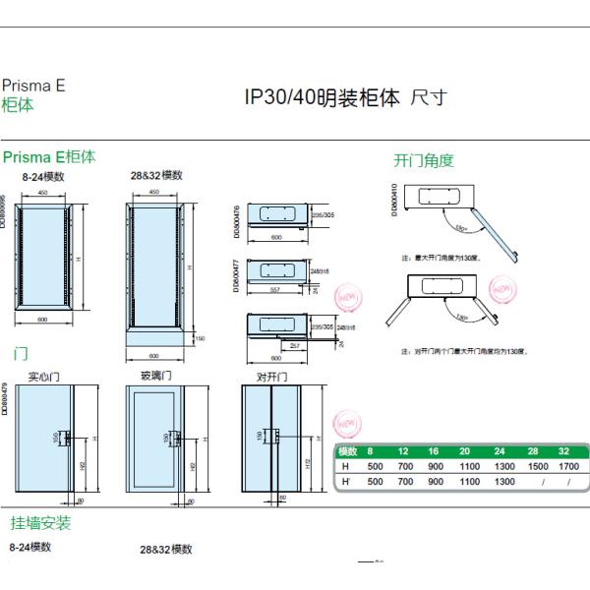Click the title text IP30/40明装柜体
point(322,98)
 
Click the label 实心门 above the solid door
point(44,375)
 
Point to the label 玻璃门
point(157,375)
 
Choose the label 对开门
point(271,375)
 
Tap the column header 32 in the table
point(568,451)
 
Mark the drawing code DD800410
point(395,200)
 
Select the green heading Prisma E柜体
point(49,156)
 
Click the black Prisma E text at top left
point(33,86)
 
